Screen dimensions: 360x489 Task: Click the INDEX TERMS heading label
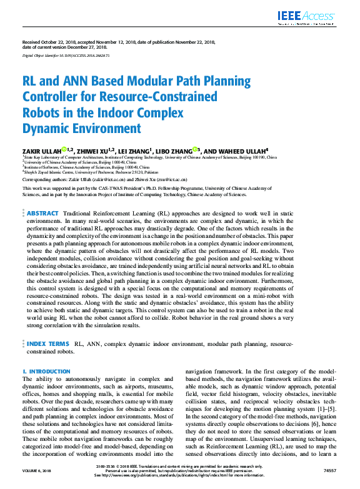[47, 343]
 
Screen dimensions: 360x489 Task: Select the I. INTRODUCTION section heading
[46, 371]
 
